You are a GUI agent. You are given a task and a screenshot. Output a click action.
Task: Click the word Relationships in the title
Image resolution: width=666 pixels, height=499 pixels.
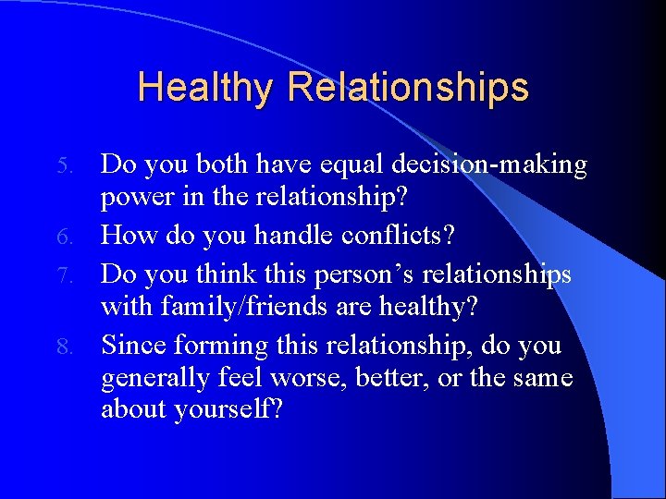click(x=408, y=88)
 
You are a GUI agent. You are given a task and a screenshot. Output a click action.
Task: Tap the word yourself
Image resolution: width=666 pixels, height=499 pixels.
click(x=227, y=410)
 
